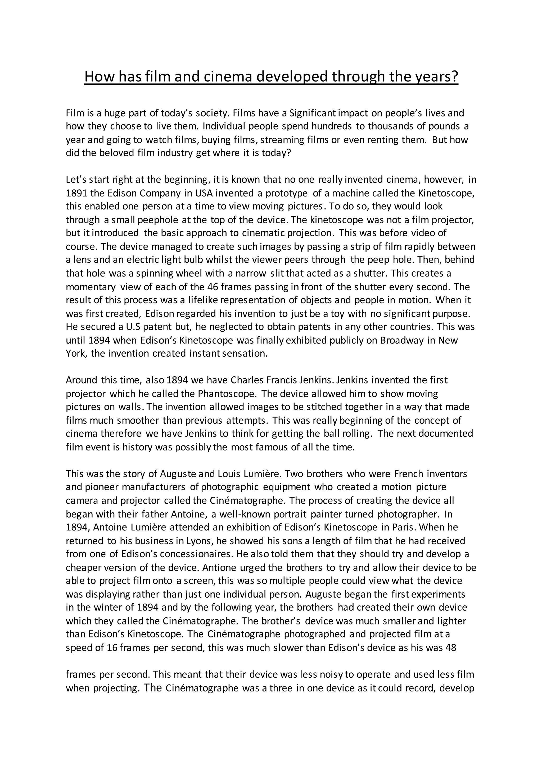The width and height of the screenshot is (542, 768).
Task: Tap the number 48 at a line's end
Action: (451, 648)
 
